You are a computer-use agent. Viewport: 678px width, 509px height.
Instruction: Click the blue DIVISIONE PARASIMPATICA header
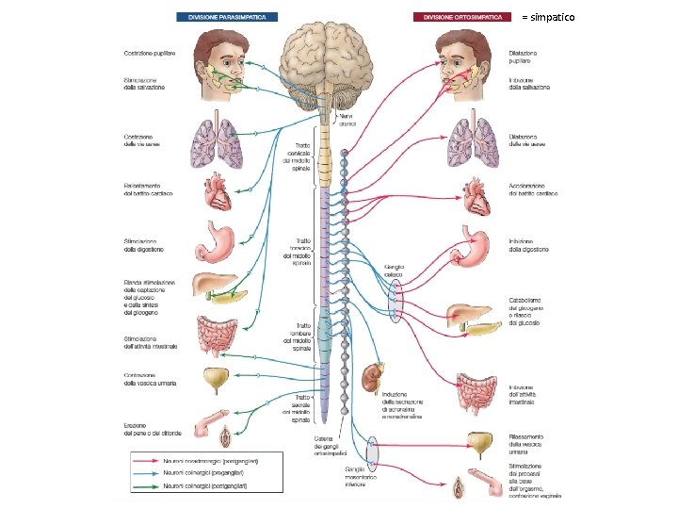tap(226, 16)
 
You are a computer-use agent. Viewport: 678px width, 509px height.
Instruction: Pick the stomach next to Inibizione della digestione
tap(476, 245)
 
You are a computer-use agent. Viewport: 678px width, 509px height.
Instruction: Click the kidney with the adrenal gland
tap(371, 378)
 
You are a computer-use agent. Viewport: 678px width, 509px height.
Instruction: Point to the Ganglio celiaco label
tap(394, 271)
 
